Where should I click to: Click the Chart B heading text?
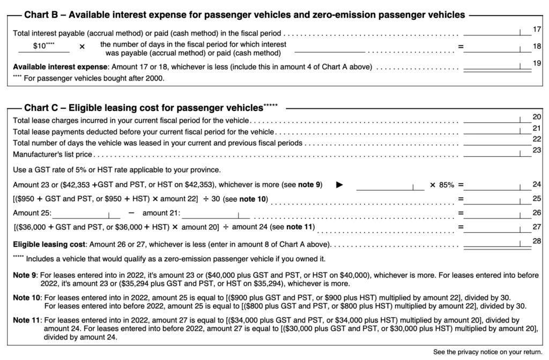click(244, 15)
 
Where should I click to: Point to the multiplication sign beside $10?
click(82, 47)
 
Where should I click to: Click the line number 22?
click(536, 139)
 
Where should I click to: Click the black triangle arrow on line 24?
click(339, 185)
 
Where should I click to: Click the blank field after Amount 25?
click(85, 214)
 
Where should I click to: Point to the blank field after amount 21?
click(217, 214)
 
